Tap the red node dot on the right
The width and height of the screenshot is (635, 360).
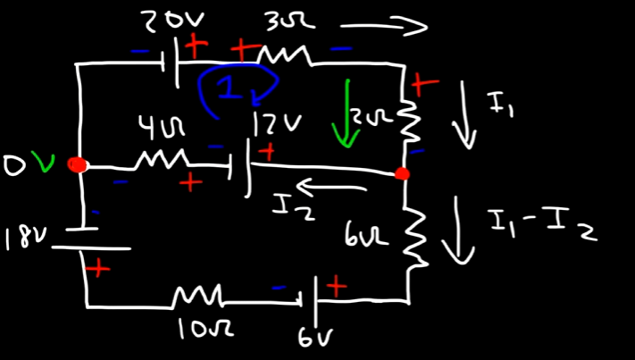click(x=403, y=173)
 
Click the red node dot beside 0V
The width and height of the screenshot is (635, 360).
click(x=79, y=165)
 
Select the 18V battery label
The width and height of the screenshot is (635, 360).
click(x=21, y=238)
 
